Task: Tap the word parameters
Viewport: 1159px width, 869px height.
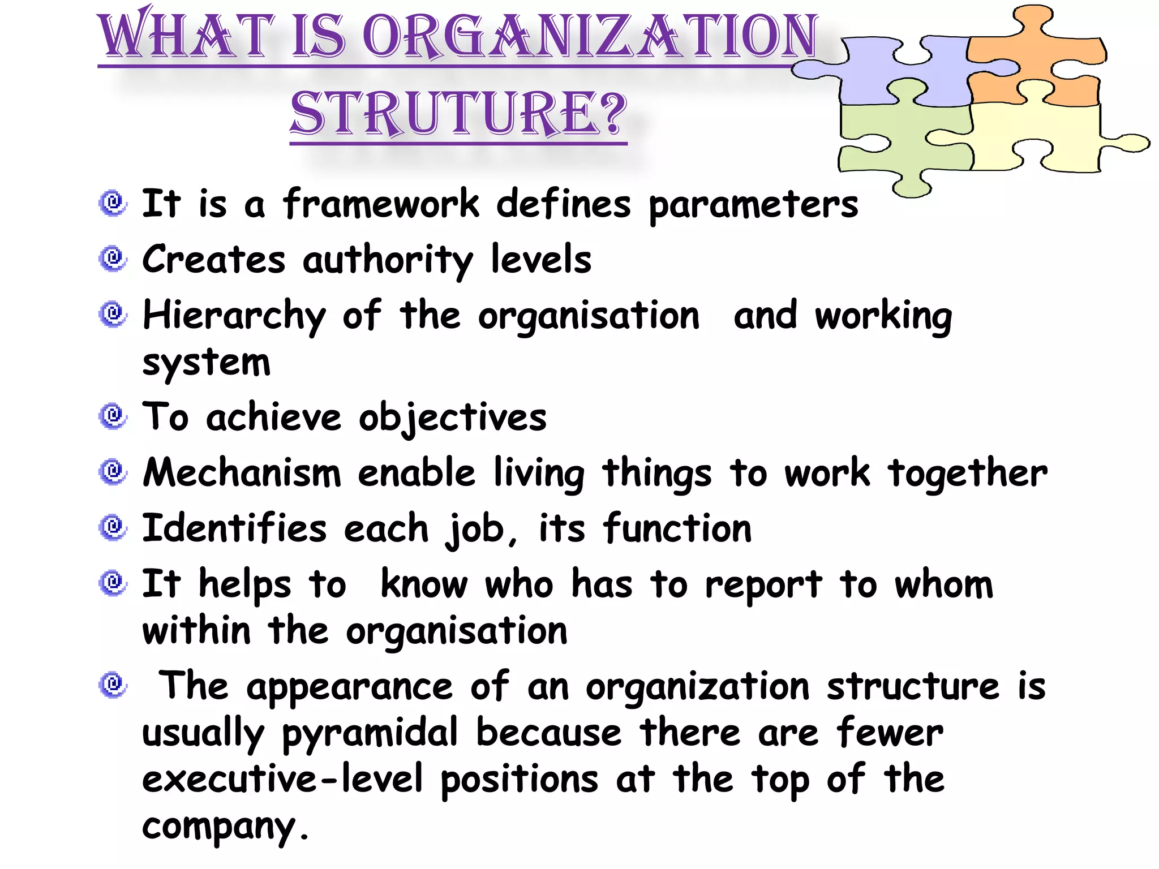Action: click(753, 205)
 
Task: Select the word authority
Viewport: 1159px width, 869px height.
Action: click(388, 260)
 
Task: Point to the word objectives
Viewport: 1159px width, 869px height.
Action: click(453, 418)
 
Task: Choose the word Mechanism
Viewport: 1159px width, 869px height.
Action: click(242, 473)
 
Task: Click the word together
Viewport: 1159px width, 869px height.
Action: click(967, 473)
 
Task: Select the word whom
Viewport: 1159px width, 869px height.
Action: click(943, 584)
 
